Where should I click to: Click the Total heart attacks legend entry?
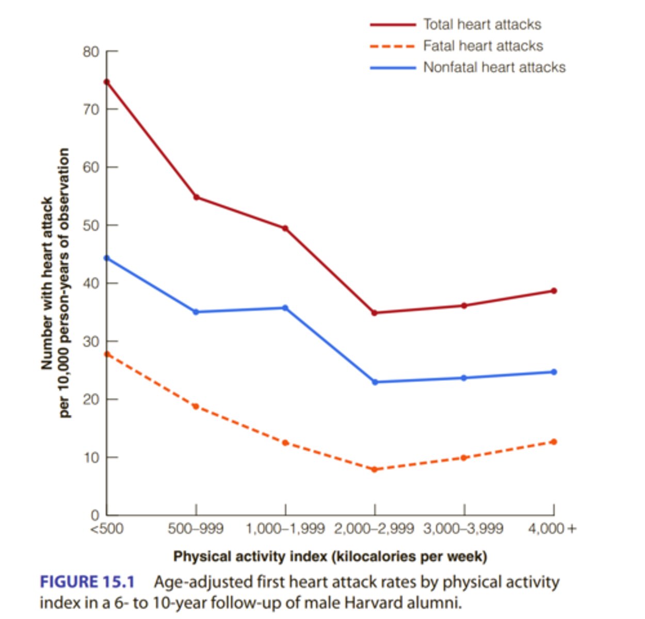click(x=482, y=24)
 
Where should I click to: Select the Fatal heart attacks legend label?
click(x=483, y=46)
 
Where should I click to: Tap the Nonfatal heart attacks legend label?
click(x=494, y=68)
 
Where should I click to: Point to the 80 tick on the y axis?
click(x=91, y=52)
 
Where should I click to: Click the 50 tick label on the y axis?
click(x=91, y=225)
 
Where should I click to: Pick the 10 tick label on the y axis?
click(x=91, y=458)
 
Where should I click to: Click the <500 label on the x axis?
click(x=107, y=529)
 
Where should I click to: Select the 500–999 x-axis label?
click(x=196, y=529)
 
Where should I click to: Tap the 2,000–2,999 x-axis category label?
click(x=374, y=529)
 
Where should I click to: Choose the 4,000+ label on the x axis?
click(x=552, y=529)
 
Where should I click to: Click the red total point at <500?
click(x=107, y=82)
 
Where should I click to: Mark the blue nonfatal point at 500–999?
click(x=196, y=312)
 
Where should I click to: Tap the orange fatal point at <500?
click(x=107, y=354)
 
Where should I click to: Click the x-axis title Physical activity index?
click(x=330, y=557)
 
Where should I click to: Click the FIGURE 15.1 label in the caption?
click(x=87, y=582)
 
